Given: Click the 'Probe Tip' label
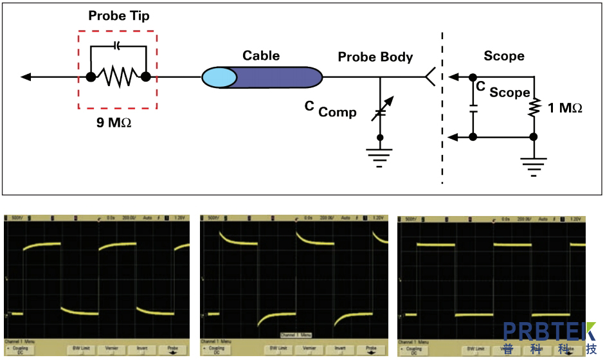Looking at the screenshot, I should tap(119, 16).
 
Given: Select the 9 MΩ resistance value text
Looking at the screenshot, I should tap(114, 122).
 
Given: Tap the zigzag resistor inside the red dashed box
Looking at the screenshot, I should tap(118, 77).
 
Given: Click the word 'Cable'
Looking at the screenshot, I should tap(261, 55).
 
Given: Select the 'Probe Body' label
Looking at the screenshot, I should tap(375, 57).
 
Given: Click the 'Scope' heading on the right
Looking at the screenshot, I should tap(504, 56).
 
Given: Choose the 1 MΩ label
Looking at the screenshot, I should tap(565, 108).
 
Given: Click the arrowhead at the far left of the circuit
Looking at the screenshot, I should tap(26, 77).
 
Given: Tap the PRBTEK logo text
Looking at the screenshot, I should tap(550, 332).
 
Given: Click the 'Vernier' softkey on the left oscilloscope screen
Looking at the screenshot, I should tap(111, 348).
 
